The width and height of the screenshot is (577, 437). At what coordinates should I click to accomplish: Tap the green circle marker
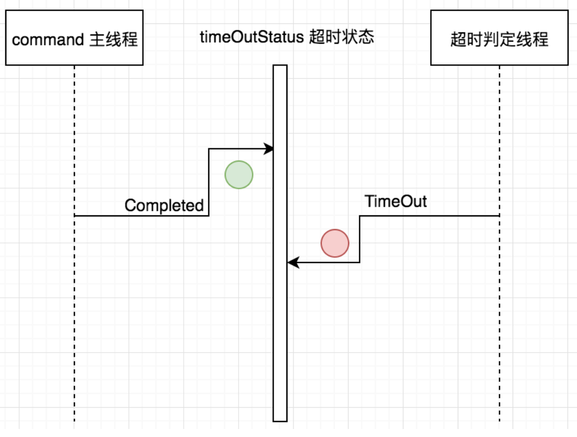(x=239, y=174)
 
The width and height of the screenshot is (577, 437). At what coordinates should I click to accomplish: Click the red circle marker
(x=335, y=243)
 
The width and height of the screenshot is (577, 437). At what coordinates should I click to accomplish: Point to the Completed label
(x=164, y=205)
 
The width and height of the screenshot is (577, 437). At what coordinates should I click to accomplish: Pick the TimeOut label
(x=395, y=201)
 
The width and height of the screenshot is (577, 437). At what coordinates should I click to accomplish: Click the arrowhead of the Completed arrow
(x=269, y=149)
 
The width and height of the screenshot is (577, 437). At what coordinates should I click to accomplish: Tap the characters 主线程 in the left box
(x=113, y=39)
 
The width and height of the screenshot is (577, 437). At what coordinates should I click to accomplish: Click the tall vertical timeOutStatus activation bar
(x=280, y=319)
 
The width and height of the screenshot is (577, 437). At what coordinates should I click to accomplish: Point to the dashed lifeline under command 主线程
(x=75, y=319)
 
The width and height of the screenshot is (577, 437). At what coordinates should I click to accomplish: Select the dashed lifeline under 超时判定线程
(x=499, y=319)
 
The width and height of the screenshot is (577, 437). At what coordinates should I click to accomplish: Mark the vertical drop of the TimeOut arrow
(x=360, y=239)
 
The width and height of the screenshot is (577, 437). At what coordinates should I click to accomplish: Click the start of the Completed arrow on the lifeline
(x=76, y=215)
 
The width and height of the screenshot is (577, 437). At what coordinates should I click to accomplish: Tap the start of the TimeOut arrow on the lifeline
(x=498, y=215)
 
